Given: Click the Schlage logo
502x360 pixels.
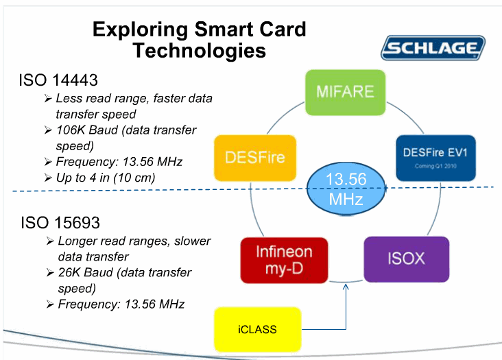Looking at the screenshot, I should (433, 49).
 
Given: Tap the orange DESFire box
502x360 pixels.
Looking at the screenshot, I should (254, 158).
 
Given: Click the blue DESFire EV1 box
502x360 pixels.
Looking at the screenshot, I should (435, 158).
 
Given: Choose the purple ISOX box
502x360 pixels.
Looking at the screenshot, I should (406, 259).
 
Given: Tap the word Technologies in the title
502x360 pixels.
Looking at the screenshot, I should (199, 51).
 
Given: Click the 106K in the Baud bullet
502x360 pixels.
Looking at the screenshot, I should (71, 130).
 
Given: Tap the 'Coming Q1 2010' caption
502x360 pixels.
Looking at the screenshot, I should (435, 167).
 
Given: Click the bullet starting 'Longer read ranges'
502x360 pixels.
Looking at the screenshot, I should (134, 241).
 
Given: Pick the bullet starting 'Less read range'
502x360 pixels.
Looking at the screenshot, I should (134, 98).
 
